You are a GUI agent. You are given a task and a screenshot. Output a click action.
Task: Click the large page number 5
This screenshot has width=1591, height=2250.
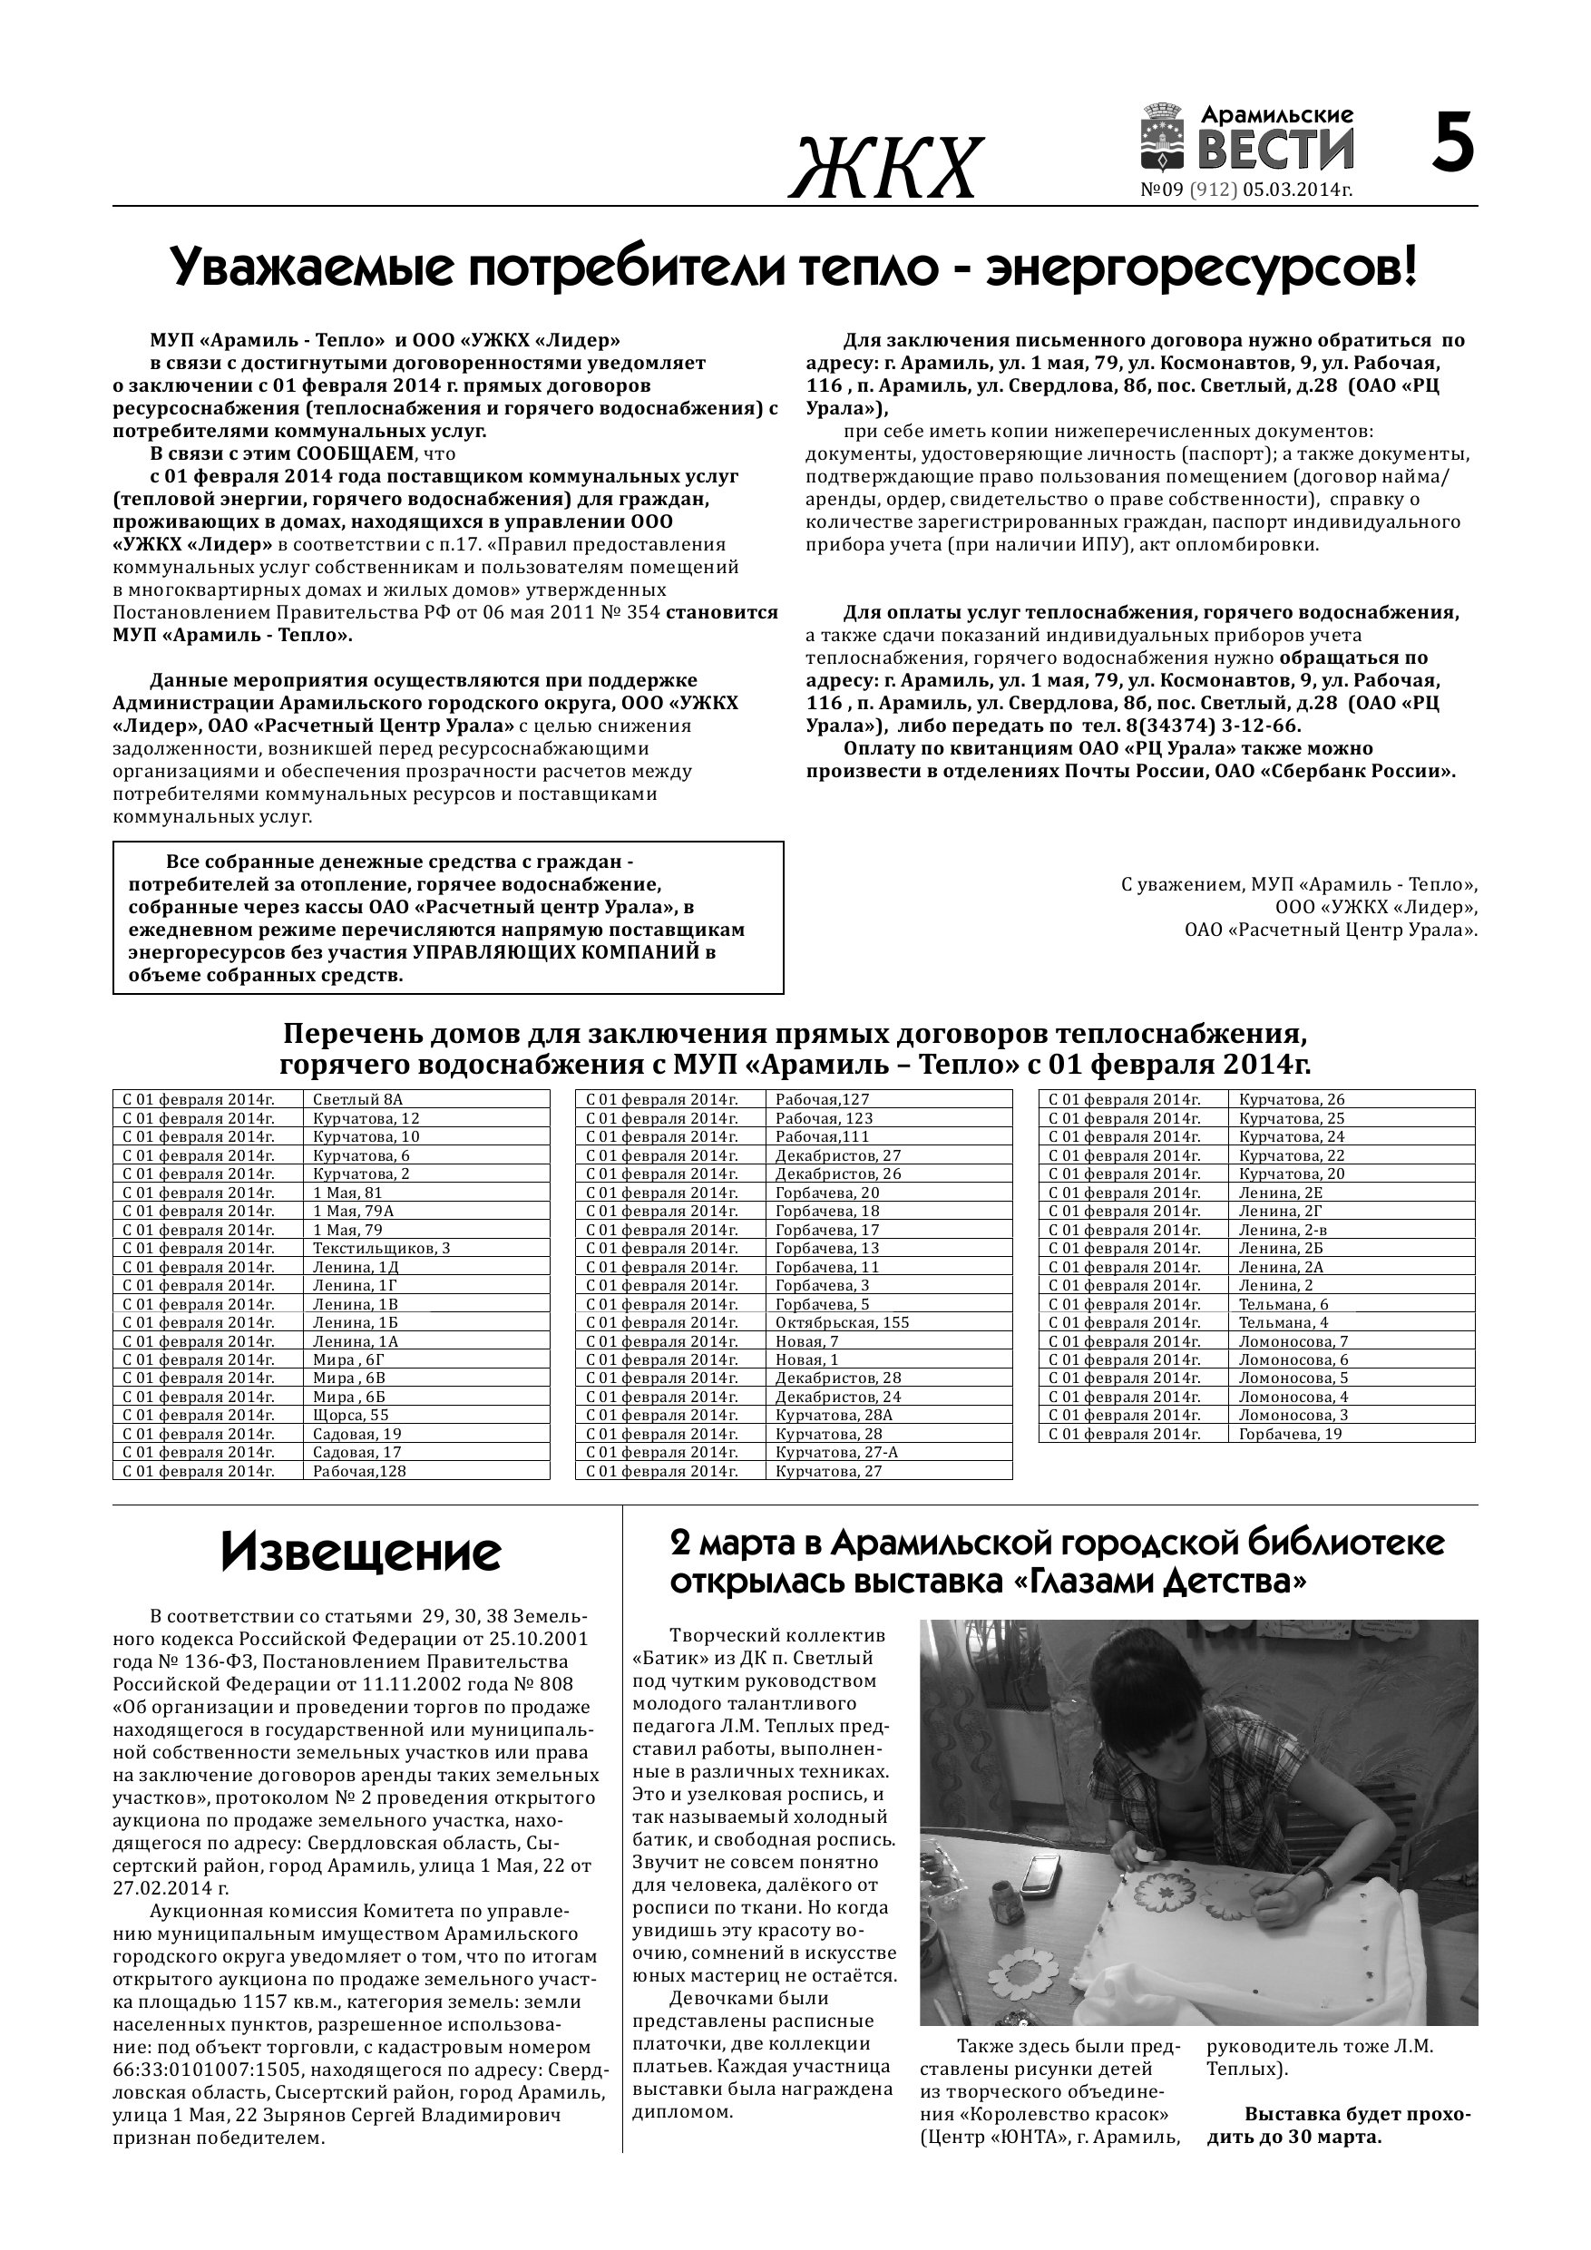click(x=1453, y=144)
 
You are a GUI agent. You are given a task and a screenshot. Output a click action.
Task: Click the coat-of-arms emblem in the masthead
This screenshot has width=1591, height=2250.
click(x=1165, y=139)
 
